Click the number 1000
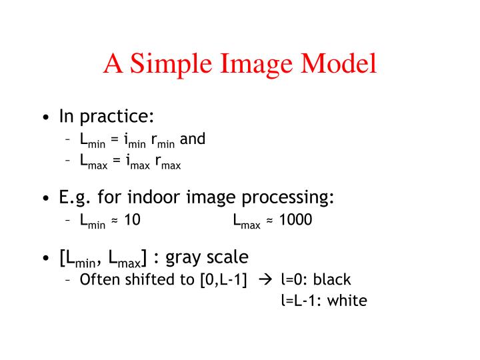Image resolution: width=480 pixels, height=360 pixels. coord(295,220)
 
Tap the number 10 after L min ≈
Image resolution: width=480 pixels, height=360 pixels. coord(132,220)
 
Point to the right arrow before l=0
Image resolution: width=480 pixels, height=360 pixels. coord(265,279)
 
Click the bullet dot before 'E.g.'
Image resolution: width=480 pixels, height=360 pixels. coord(45,199)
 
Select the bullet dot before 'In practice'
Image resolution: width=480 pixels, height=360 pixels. coord(45,118)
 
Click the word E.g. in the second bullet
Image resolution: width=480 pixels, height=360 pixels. coord(74,199)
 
